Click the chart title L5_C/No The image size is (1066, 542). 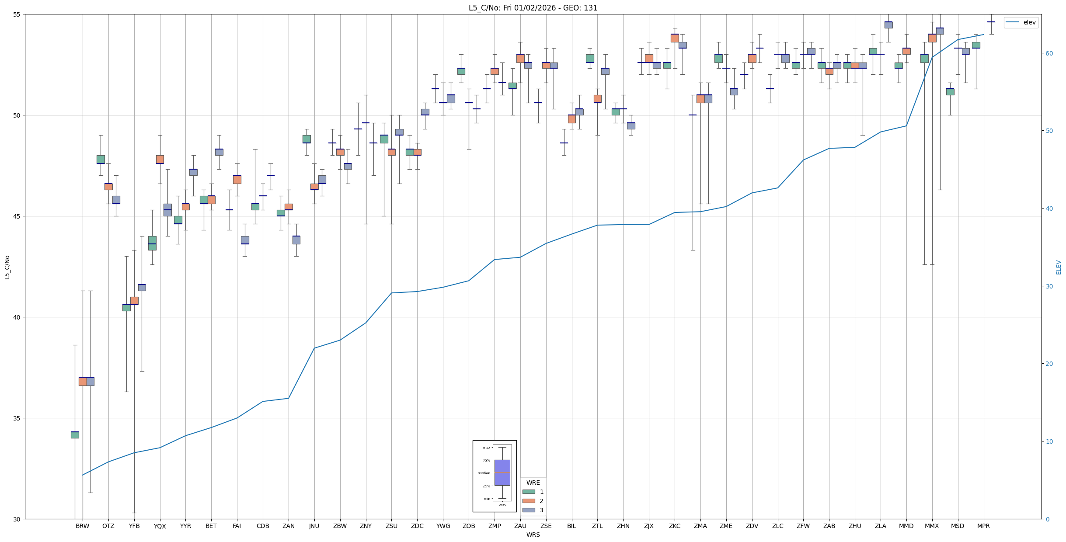click(x=533, y=8)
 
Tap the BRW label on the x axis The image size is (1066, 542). click(x=82, y=526)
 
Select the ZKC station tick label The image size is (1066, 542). click(x=674, y=526)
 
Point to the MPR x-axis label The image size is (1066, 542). click(x=983, y=526)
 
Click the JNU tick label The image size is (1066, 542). click(x=314, y=526)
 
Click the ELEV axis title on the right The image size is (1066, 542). click(x=1059, y=267)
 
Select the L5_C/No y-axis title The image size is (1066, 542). click(x=7, y=267)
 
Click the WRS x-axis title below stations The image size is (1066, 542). click(x=533, y=535)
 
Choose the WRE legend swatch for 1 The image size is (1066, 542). click(x=529, y=492)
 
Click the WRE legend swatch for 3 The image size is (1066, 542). click(x=529, y=510)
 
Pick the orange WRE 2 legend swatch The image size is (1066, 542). click(x=529, y=501)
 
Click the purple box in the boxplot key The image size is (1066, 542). click(x=502, y=473)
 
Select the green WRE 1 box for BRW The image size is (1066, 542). click(x=75, y=435)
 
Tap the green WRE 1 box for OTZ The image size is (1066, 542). click(x=101, y=160)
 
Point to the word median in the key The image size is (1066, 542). click(x=484, y=473)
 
